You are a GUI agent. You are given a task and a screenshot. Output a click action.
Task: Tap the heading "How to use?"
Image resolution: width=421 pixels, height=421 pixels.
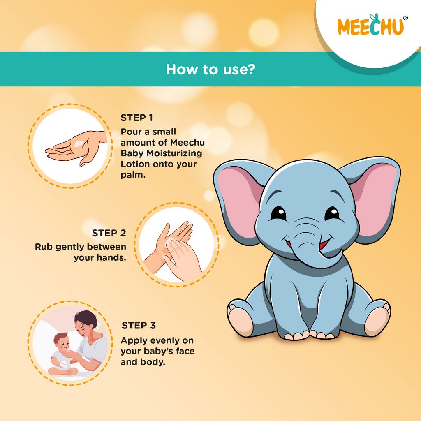210,69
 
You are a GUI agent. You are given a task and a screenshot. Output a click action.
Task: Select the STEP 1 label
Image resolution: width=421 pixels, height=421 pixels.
136,118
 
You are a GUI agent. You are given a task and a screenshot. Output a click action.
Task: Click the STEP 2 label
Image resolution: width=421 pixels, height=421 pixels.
109,233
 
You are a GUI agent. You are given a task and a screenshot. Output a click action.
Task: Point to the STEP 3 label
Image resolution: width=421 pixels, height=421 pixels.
139,326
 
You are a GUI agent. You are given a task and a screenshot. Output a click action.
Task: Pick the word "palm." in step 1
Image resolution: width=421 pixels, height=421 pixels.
131,175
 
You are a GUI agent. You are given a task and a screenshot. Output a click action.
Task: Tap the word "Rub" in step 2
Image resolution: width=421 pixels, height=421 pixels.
42,247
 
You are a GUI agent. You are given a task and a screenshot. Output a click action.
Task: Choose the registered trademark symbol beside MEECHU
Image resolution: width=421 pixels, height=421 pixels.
405,18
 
